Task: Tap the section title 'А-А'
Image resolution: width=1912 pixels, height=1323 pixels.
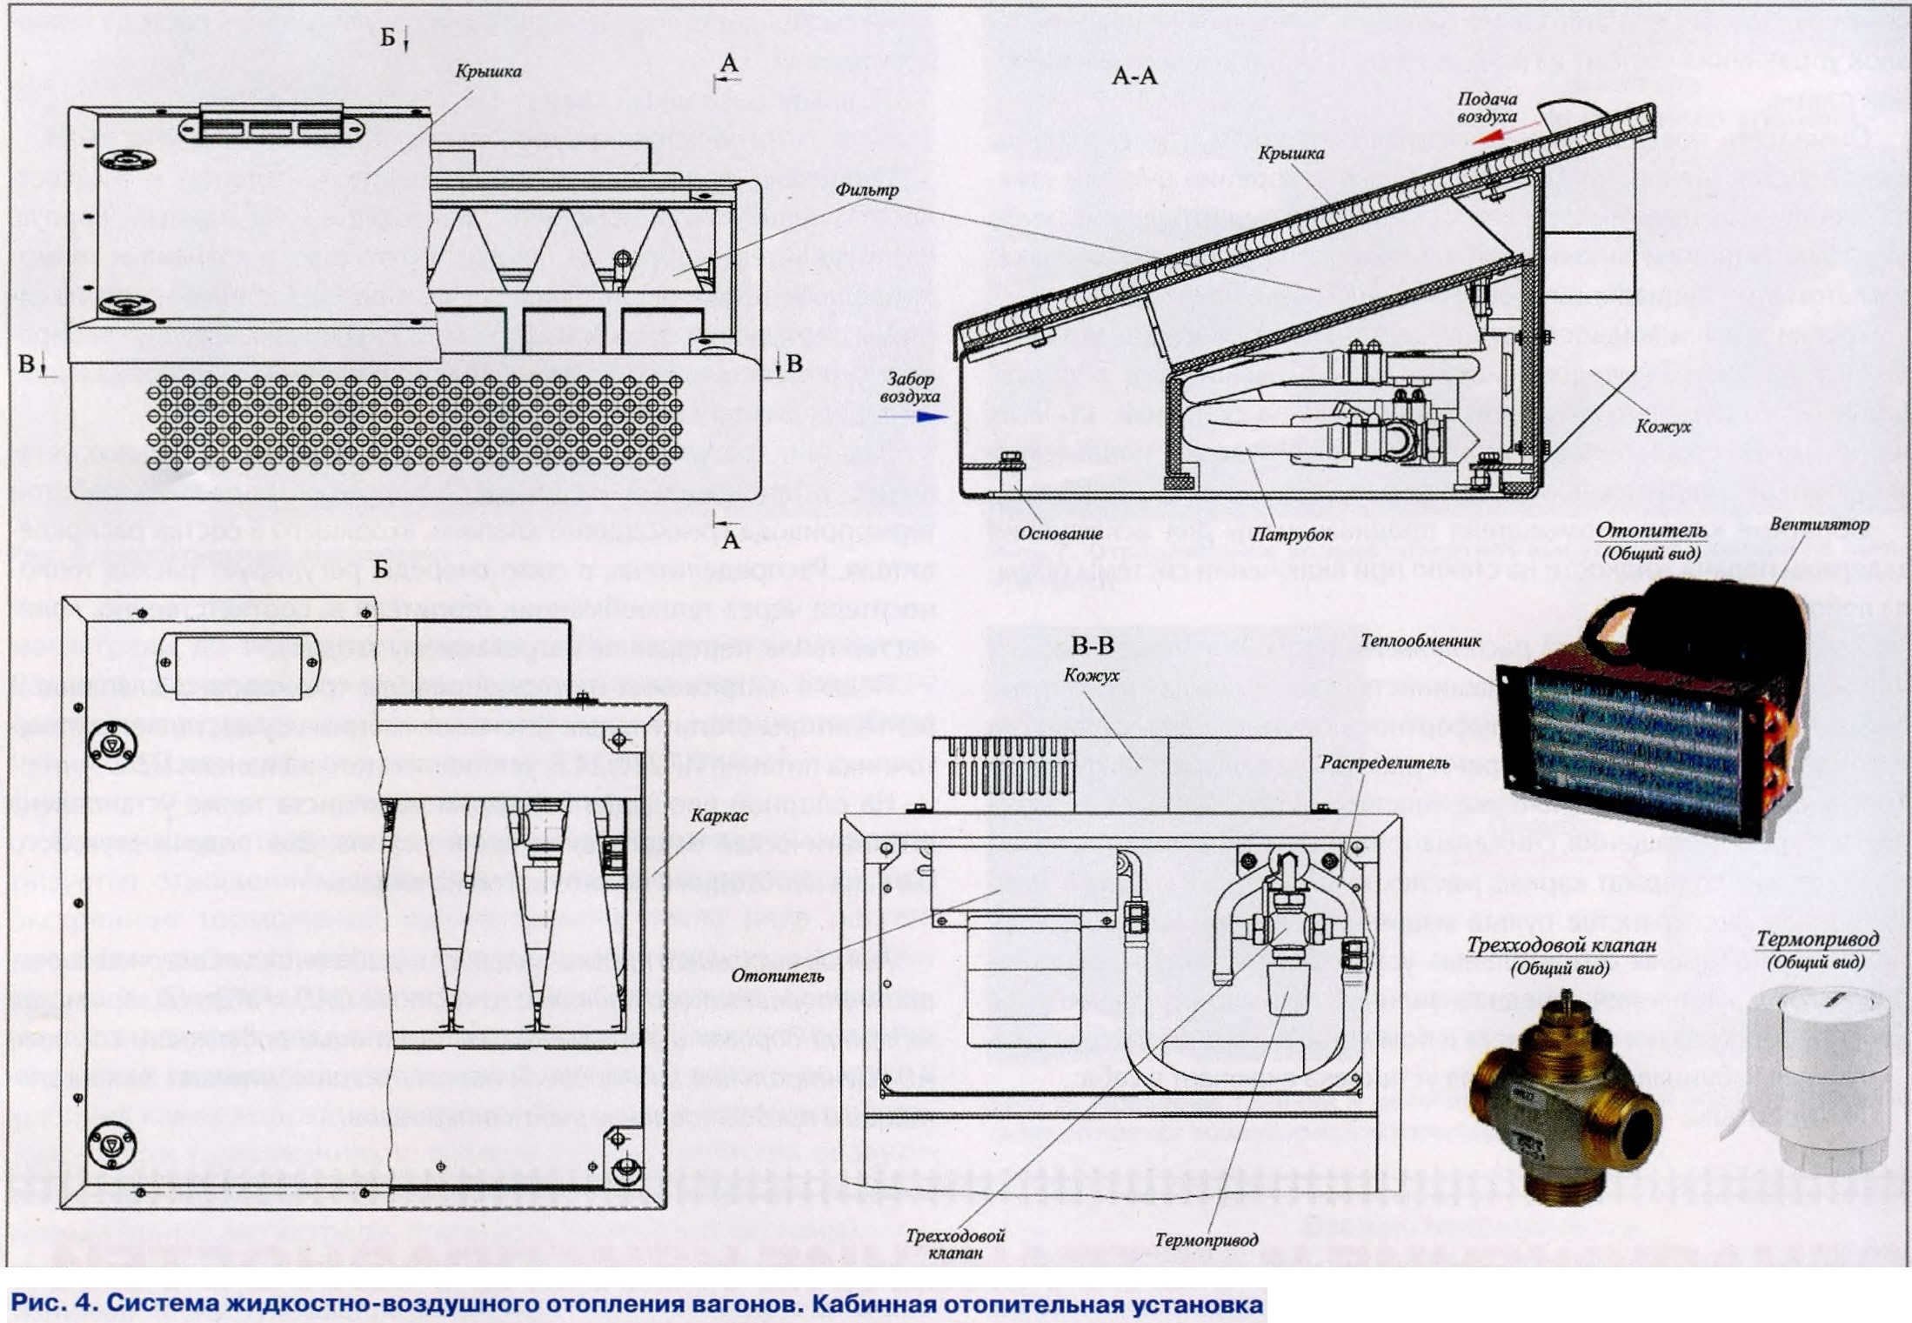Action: point(1134,77)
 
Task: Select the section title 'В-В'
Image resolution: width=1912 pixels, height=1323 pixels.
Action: point(1093,645)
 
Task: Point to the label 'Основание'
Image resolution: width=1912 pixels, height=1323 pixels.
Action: point(1060,533)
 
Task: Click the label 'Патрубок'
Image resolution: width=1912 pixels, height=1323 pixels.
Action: point(1291,534)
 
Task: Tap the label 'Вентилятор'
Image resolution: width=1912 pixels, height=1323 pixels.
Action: point(1819,525)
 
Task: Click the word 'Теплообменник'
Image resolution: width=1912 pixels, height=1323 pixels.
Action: point(1420,641)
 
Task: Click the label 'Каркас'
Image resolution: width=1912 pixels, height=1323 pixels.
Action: point(719,816)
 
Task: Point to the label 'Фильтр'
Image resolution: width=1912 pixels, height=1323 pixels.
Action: point(866,190)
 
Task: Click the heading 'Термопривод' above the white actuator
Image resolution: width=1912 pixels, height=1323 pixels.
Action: point(1817,939)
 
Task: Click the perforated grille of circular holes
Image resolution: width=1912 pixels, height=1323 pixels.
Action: point(413,424)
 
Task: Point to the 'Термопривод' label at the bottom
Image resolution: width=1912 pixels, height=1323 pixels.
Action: point(1206,1239)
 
